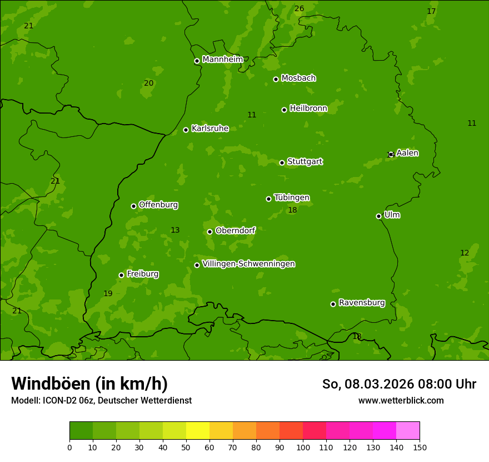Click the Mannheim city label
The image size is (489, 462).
(222, 60)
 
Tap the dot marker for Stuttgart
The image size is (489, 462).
(282, 163)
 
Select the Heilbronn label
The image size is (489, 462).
(308, 109)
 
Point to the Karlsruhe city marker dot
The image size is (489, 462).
(186, 130)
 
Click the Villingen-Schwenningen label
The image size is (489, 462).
(248, 264)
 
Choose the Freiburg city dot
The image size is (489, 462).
(121, 275)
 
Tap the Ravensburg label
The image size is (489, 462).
(362, 303)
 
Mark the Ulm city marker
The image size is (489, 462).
(378, 216)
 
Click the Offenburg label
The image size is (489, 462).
(158, 205)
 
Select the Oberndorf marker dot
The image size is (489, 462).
(209, 232)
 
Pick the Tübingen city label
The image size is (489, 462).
(292, 198)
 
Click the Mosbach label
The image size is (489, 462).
(298, 78)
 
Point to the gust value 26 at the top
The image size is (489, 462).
(299, 8)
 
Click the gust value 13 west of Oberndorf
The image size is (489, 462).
(175, 230)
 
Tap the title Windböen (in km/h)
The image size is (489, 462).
(89, 384)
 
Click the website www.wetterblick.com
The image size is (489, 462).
(401, 400)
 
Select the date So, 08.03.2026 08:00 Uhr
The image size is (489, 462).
(399, 384)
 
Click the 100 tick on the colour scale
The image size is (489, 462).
(303, 447)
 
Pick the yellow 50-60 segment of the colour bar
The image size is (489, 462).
(198, 431)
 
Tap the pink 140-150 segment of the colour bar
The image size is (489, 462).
(408, 431)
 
